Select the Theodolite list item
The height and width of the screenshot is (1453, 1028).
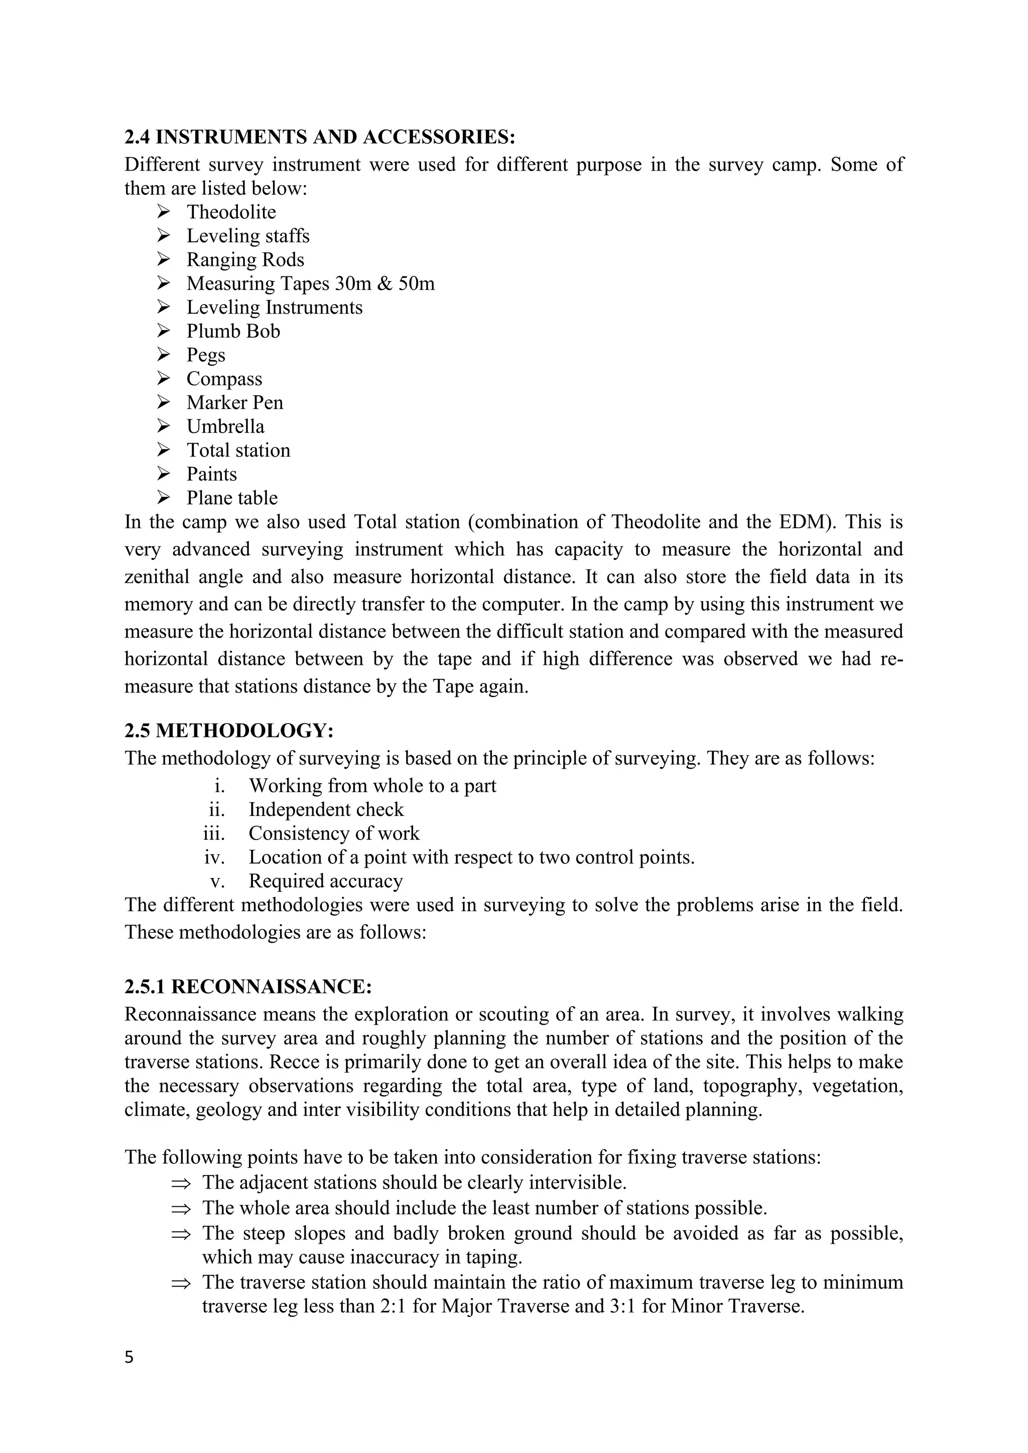pos(231,212)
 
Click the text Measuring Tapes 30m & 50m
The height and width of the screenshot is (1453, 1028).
pos(310,283)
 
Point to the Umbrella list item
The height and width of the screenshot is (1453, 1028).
pos(225,426)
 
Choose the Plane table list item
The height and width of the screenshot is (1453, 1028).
pos(232,498)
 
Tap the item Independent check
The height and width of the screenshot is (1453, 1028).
pos(325,810)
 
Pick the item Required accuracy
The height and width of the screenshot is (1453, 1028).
pos(325,882)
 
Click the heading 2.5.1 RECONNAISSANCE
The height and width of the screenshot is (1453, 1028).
pos(247,986)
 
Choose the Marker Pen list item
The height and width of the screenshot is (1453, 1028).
pos(234,402)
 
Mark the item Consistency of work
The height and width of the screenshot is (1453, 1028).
pos(334,833)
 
